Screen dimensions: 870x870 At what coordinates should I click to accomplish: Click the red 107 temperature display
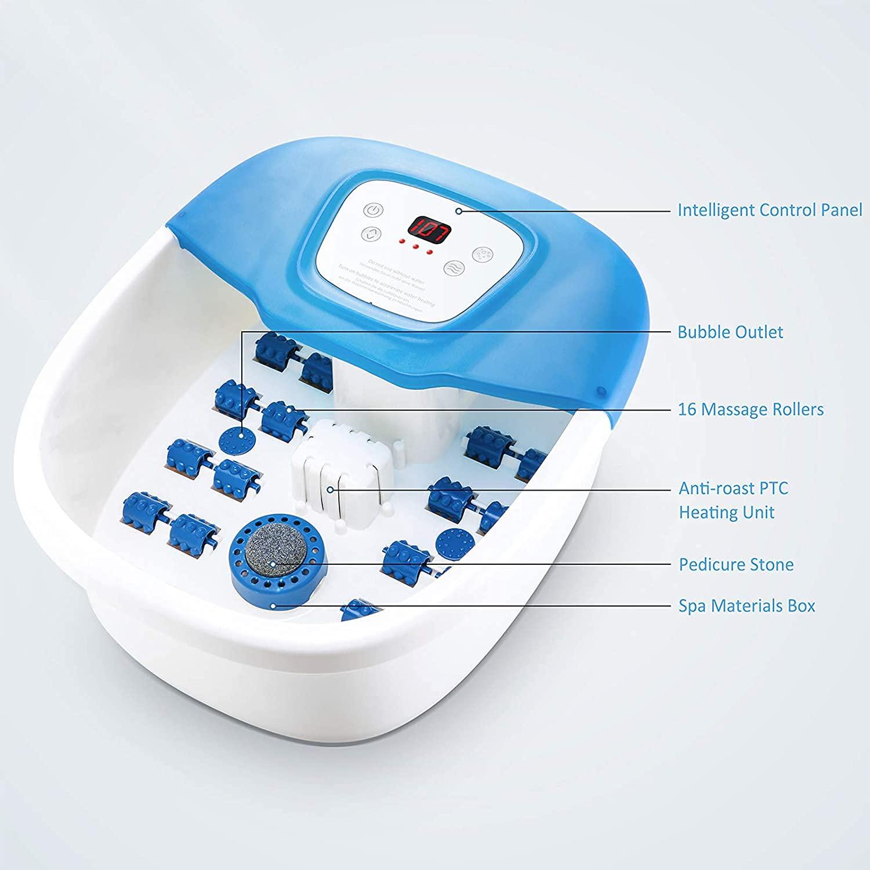pyautogui.click(x=430, y=230)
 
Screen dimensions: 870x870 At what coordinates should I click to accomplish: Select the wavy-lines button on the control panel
pyautogui.click(x=453, y=267)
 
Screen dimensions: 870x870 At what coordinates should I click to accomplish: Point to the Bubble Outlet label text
pyautogui.click(x=730, y=332)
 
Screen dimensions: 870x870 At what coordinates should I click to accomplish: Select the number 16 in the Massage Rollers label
pyautogui.click(x=687, y=409)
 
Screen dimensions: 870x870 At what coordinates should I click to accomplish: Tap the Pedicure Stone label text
pyautogui.click(x=736, y=564)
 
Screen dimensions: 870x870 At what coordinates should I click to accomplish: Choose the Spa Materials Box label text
pyautogui.click(x=746, y=606)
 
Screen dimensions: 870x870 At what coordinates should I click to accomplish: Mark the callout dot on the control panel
pyautogui.click(x=459, y=211)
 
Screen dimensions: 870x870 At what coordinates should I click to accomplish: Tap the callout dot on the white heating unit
pyautogui.click(x=330, y=490)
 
